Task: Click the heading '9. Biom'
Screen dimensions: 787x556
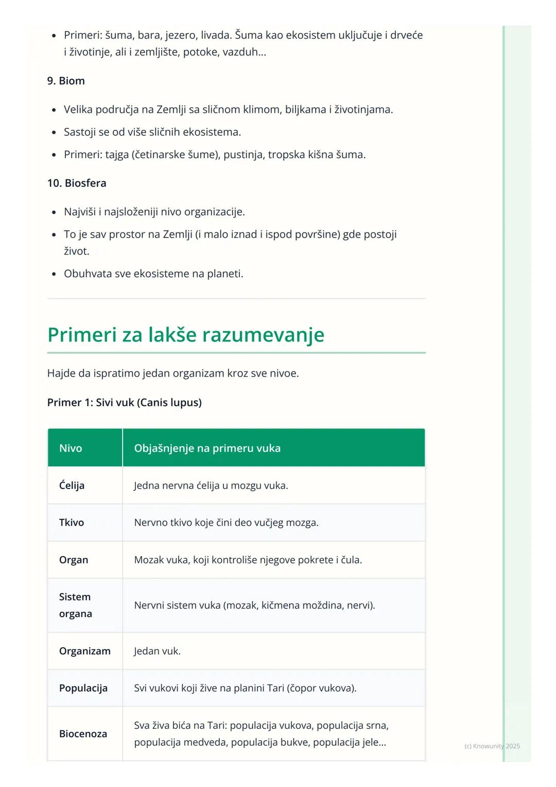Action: pos(66,81)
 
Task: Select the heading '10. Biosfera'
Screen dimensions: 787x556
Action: pos(77,183)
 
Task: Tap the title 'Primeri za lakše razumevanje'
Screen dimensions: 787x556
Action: pos(186,335)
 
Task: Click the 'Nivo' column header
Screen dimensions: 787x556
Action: pos(71,448)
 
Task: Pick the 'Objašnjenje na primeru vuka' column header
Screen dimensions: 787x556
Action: pos(207,448)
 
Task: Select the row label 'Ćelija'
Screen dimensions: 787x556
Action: pos(72,485)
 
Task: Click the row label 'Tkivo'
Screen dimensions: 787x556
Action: pos(72,522)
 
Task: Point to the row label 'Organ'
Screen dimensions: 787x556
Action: pos(74,560)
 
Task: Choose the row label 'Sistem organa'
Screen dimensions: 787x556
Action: pos(75,605)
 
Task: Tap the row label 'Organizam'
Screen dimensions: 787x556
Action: pos(84,651)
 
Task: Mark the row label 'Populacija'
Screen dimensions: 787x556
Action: pos(83,688)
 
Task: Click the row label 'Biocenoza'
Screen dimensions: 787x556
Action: pos(83,734)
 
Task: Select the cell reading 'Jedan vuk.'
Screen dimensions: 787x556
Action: pos(157,651)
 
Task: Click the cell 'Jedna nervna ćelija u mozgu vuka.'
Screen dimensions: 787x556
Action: pos(211,485)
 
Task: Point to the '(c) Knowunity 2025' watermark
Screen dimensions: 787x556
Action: pos(492,746)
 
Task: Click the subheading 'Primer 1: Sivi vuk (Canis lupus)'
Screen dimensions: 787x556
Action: pos(124,402)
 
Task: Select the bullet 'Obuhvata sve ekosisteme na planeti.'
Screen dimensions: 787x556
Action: pos(153,273)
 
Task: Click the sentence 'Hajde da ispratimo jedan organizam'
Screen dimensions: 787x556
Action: pos(172,373)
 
